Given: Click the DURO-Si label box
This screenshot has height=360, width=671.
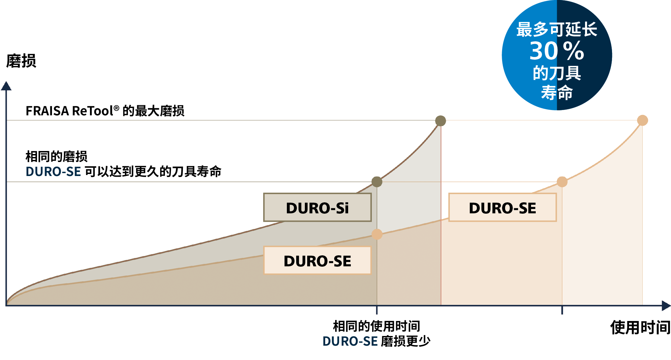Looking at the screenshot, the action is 317,207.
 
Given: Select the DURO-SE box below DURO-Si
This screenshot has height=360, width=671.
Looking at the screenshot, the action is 317,260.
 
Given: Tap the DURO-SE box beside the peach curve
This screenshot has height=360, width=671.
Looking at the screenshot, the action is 502,207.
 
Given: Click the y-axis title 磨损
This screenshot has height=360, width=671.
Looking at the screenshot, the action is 21,61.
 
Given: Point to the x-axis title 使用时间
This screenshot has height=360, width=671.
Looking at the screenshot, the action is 640,327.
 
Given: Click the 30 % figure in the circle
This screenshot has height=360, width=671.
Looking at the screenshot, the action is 557,51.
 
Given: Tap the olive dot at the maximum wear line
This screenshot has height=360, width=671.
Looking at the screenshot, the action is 440,121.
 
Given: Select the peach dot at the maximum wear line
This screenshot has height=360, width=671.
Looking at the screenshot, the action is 642,120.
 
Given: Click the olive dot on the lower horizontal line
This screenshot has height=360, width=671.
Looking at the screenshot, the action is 377,182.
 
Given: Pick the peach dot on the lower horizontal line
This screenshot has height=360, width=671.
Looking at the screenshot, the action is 562,182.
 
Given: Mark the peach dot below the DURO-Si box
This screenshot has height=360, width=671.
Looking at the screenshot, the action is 377,234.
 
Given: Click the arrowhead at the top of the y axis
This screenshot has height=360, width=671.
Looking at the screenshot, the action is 6,86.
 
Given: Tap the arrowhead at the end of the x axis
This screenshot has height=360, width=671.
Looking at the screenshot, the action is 666,305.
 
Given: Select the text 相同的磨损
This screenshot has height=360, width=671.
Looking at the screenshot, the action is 57,156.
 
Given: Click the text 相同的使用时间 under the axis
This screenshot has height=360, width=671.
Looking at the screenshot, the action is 376,326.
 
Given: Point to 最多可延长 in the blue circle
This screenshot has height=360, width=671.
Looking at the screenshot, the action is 557,29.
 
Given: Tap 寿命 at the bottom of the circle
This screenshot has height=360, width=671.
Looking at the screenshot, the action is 557,92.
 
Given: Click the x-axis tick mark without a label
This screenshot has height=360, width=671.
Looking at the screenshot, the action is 562,310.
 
